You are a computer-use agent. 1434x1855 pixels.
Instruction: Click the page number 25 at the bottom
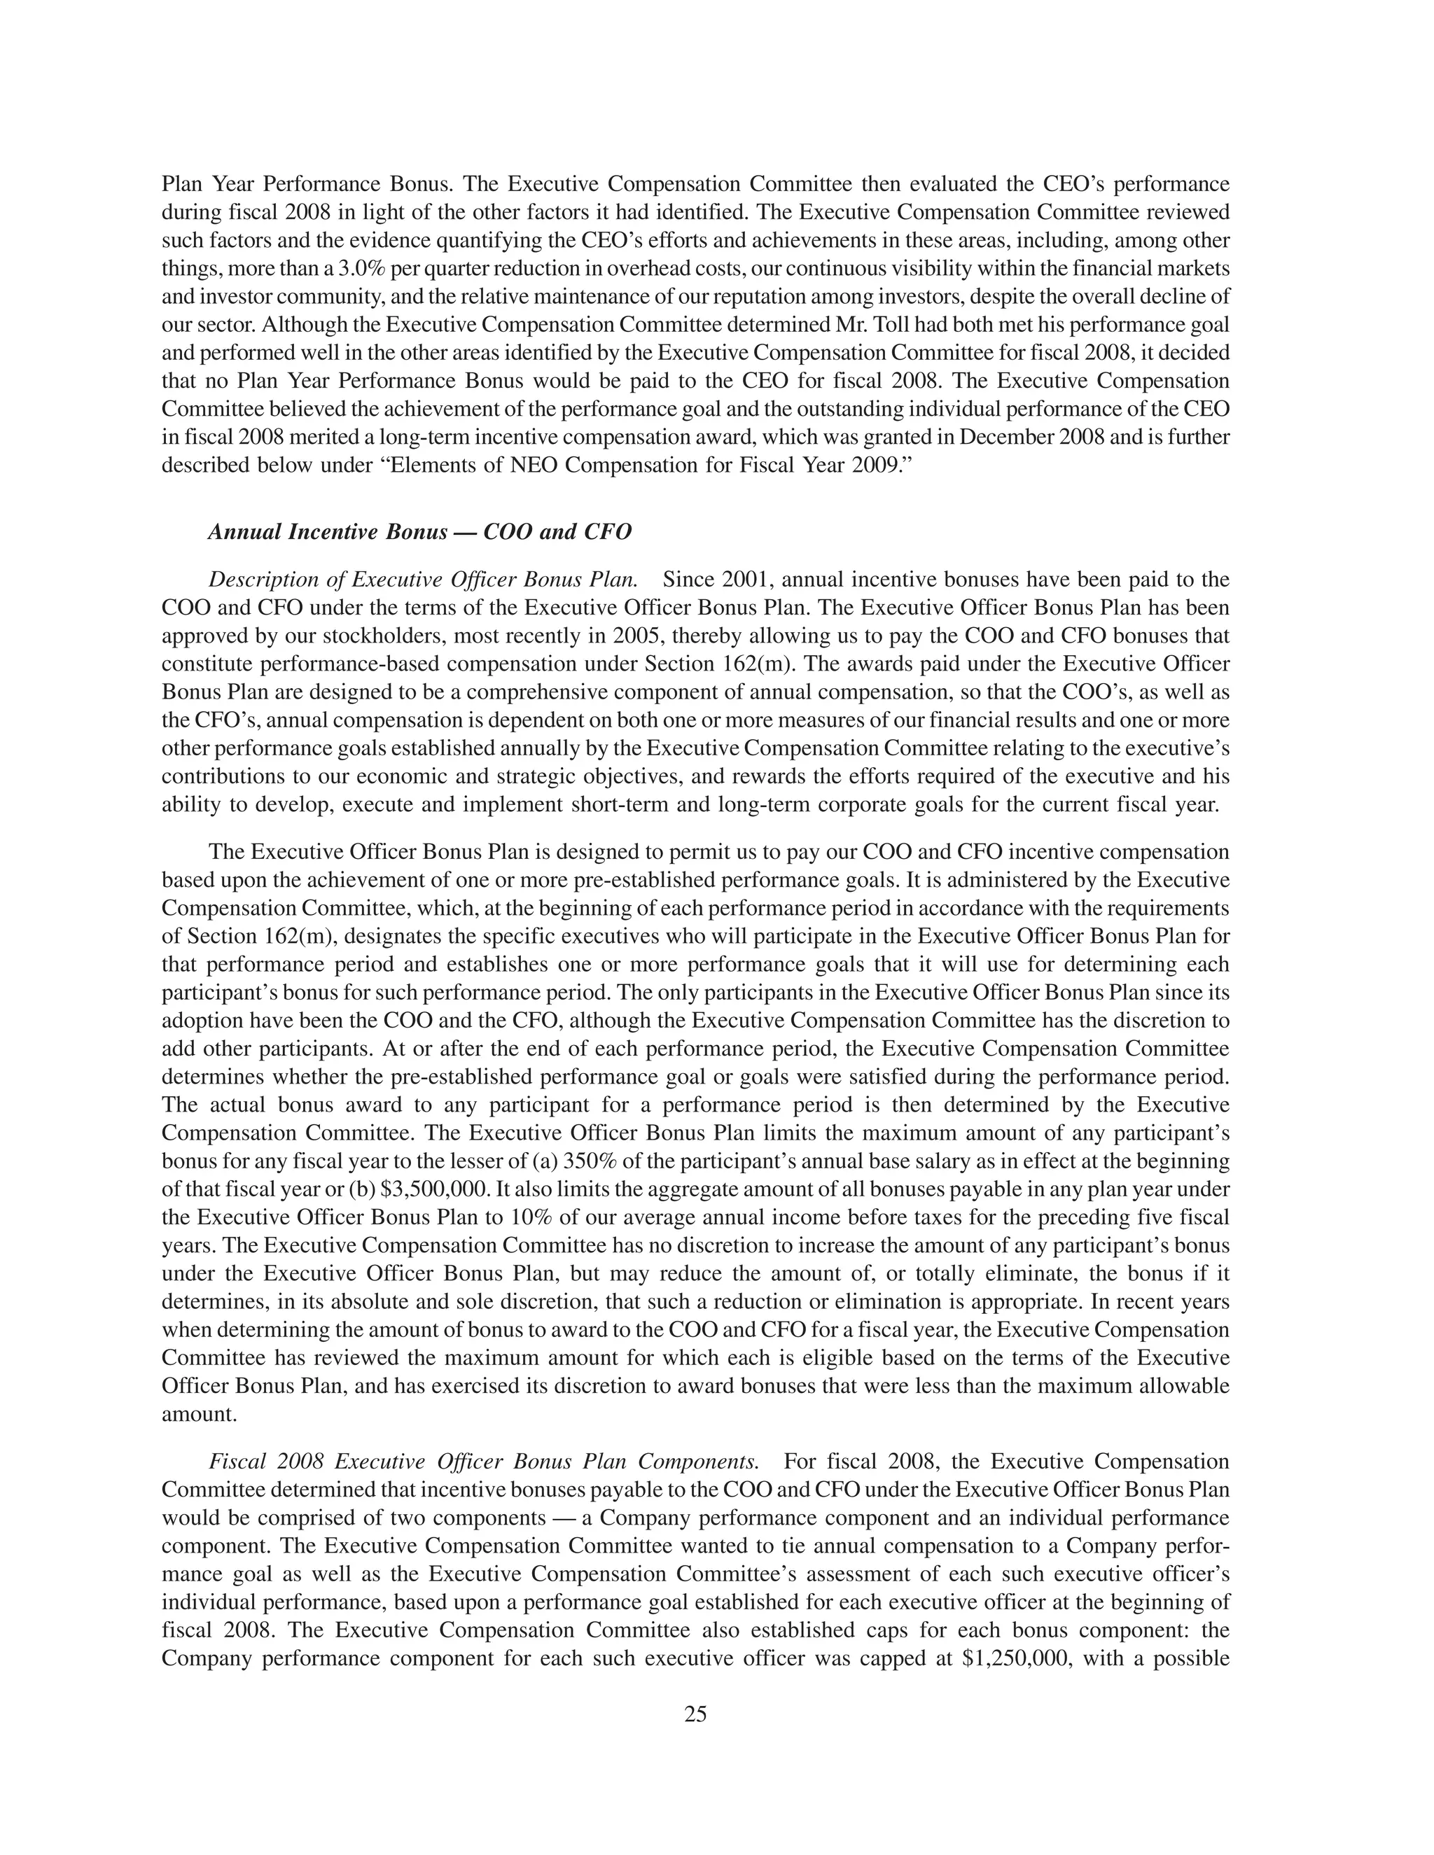pyautogui.click(x=695, y=1714)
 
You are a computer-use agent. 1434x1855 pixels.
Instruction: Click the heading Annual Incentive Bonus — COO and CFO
pyautogui.click(x=419, y=533)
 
